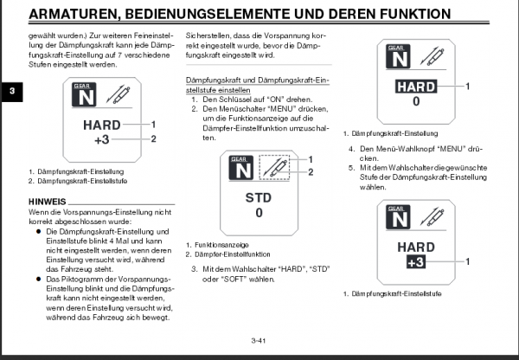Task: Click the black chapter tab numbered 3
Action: [8, 93]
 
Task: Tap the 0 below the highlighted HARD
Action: [415, 102]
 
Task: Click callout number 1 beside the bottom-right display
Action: [467, 260]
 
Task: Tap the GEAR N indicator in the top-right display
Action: [397, 59]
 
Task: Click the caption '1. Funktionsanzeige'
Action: [213, 245]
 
